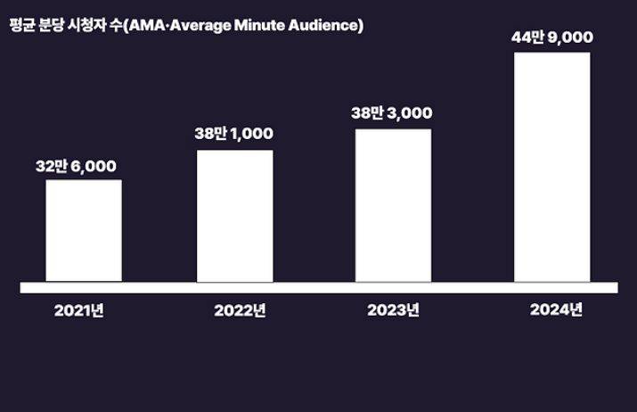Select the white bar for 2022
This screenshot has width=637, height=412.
click(x=235, y=216)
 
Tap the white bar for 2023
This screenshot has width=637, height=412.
click(x=393, y=205)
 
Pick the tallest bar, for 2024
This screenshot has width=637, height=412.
click(x=551, y=167)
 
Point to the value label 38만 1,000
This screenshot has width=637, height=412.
click(x=234, y=134)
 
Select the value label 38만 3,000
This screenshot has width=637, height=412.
click(x=392, y=112)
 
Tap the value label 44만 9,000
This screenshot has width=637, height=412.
click(x=552, y=37)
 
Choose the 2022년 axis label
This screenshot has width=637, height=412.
click(x=240, y=311)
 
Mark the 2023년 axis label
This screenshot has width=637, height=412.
click(x=393, y=311)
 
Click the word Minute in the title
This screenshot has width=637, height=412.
click(x=252, y=25)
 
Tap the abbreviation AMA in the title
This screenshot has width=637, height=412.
click(x=143, y=25)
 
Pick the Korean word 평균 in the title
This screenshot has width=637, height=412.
click(x=20, y=25)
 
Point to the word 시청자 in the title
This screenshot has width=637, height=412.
click(x=87, y=25)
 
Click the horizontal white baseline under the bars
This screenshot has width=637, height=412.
click(x=318, y=287)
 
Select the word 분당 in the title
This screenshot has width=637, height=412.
click(x=52, y=25)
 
